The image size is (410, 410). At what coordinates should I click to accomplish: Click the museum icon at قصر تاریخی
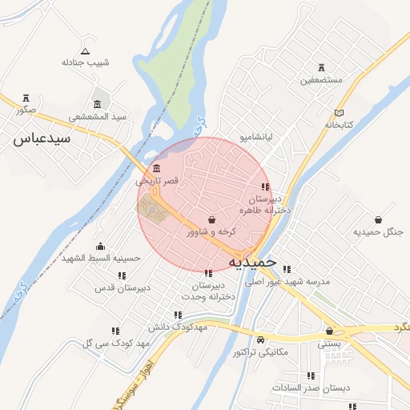pos(155,169)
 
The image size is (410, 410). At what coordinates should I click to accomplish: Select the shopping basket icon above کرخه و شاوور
pos(211,219)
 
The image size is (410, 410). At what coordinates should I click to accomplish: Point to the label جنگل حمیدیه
pos(376,232)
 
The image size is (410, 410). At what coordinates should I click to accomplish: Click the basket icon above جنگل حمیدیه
pos(378,219)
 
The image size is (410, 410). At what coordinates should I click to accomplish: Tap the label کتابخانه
pos(339,126)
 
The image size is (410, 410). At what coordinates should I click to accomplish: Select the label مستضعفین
pos(322,81)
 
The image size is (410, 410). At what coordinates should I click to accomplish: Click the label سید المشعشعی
pos(98,117)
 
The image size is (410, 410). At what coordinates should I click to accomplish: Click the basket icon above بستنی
pos(329,331)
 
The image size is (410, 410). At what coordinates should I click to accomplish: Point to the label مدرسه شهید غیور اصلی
pos(288,282)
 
